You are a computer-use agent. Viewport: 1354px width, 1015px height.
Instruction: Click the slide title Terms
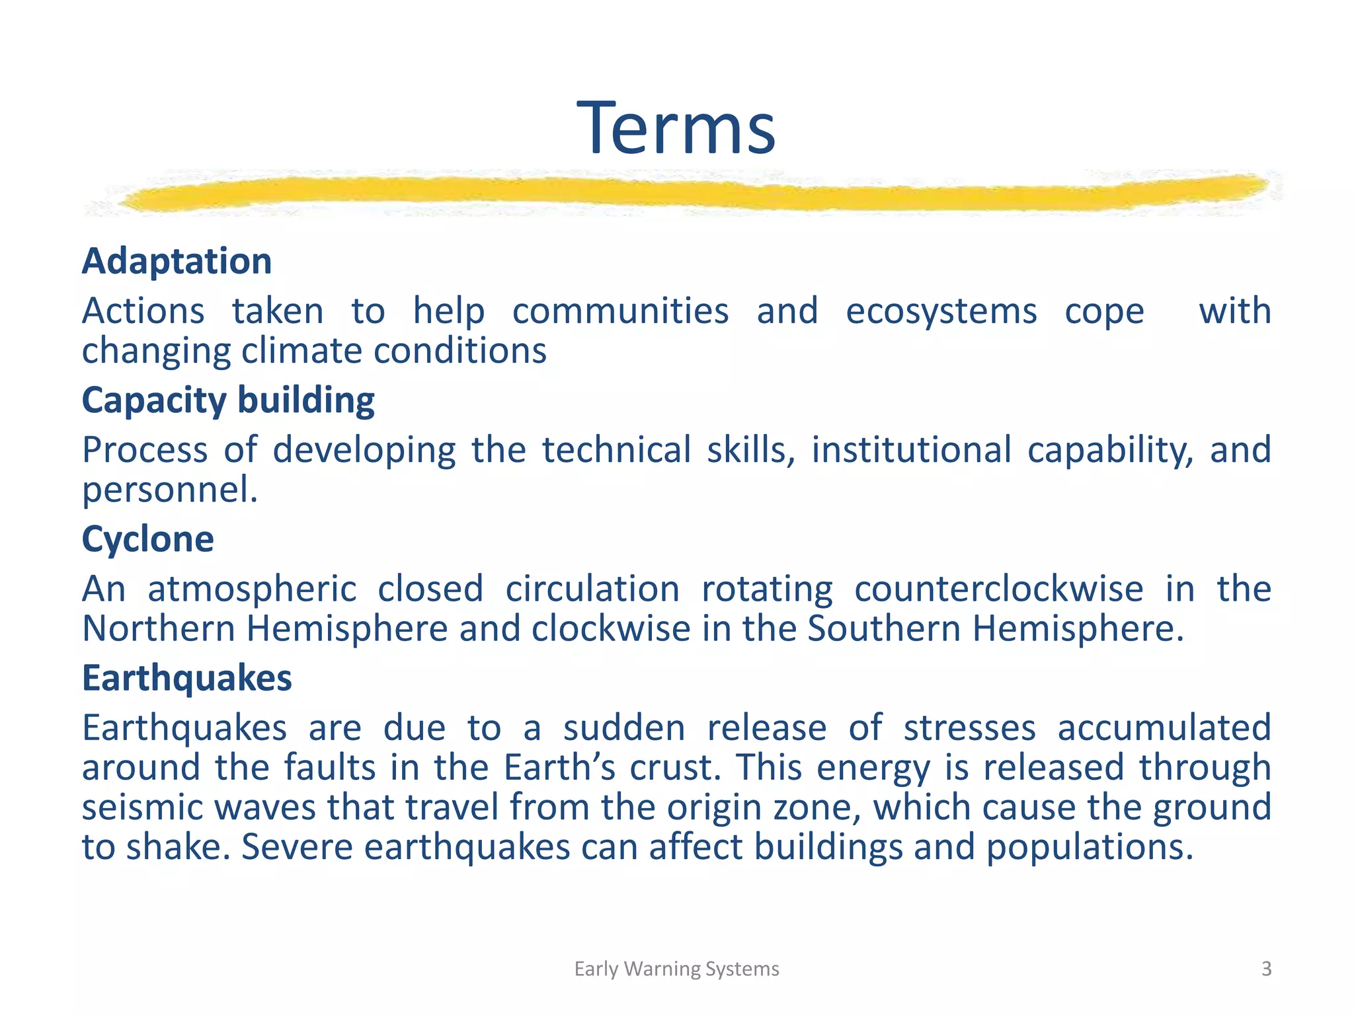[676, 128]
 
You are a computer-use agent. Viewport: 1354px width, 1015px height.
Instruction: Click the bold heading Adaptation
[177, 261]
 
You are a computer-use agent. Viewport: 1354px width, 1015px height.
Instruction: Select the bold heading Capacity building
[228, 400]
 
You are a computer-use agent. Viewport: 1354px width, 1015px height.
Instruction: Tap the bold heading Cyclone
[147, 539]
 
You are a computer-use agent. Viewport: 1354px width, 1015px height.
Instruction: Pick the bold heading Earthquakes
[186, 679]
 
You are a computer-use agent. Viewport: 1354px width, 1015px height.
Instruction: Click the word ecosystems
[941, 311]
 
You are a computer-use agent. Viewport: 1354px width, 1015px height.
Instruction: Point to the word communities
[620, 311]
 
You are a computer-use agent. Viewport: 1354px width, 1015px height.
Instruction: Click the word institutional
[912, 450]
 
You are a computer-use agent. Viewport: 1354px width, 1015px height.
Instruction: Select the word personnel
[169, 490]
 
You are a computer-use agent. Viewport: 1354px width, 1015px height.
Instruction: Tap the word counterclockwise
[998, 589]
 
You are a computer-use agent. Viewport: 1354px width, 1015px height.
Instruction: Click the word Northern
[159, 628]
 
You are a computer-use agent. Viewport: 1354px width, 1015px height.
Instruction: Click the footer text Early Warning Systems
[676, 969]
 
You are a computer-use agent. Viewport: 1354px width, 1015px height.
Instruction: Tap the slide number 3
[1266, 969]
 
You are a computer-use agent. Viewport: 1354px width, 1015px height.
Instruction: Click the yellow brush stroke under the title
[688, 192]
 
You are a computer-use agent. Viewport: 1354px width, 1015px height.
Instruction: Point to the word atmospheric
[252, 589]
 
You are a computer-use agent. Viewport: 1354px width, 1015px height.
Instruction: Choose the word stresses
[969, 728]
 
